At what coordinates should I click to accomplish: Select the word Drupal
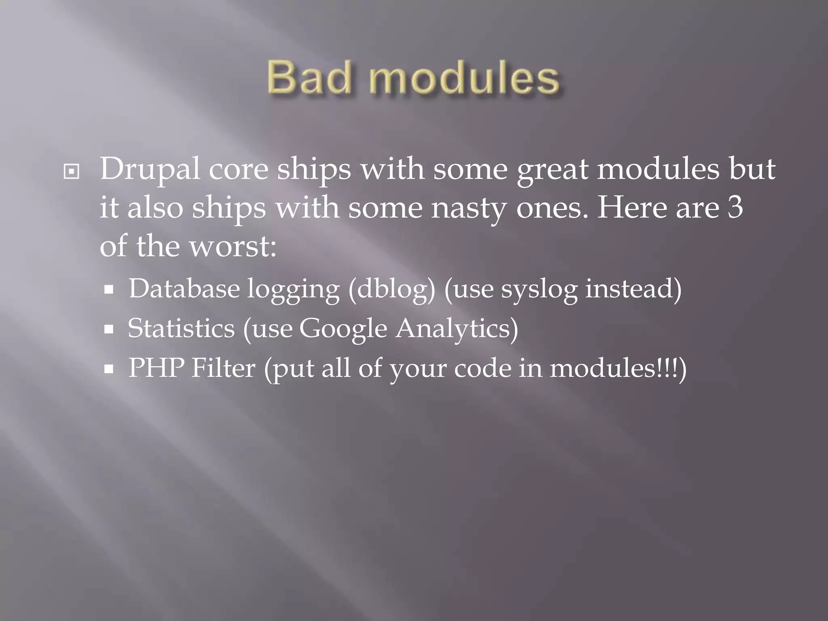click(150, 169)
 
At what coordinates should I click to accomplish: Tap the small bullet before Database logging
click(109, 290)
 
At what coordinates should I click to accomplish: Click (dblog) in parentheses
click(392, 289)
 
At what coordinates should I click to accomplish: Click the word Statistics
click(181, 328)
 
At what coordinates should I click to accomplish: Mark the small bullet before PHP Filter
click(109, 369)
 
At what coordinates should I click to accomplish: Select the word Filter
click(223, 368)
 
